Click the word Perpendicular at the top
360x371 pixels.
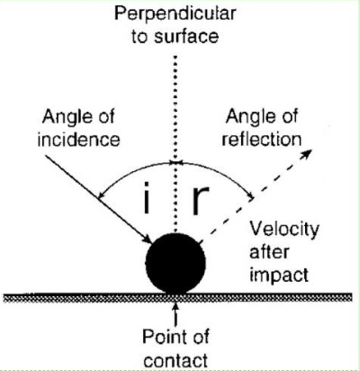click(x=175, y=14)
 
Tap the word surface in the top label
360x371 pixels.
click(x=186, y=36)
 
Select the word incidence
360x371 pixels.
click(x=79, y=140)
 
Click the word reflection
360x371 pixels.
click(x=262, y=140)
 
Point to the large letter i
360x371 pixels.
click(x=147, y=197)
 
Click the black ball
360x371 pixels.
click(x=175, y=263)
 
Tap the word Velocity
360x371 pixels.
click(x=284, y=230)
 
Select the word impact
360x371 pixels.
click(x=279, y=275)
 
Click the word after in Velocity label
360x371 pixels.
click(x=269, y=252)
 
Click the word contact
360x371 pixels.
click(x=175, y=360)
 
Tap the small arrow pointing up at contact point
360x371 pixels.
click(x=175, y=314)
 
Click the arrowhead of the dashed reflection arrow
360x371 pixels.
click(x=307, y=154)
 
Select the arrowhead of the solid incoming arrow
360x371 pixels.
click(x=147, y=238)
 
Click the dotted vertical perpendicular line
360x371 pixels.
click(x=175, y=144)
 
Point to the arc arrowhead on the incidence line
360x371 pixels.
click(x=102, y=195)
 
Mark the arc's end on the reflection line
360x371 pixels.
click(x=251, y=196)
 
